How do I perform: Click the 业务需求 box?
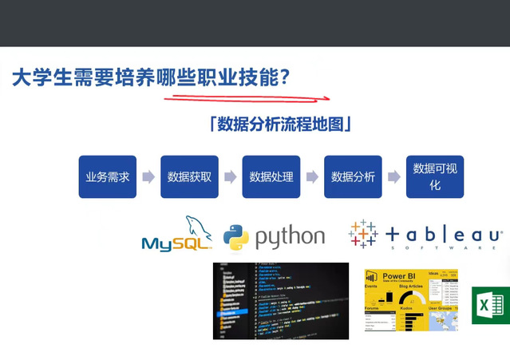coord(108,176)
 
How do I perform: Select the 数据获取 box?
coord(189,176)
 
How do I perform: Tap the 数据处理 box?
coord(271,176)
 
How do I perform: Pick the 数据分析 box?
coord(353,176)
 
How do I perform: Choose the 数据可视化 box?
coord(435,176)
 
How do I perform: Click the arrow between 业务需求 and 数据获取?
coord(148,176)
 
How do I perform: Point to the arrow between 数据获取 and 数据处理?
coord(230,176)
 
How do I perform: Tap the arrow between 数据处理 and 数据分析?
coord(312,176)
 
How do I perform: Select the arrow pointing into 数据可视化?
coord(393,176)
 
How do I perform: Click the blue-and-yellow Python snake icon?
coord(235,237)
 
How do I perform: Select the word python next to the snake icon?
coord(290,237)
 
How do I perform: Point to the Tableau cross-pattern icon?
coord(363,234)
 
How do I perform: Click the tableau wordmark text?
coord(443,235)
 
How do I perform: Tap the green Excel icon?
coord(490,305)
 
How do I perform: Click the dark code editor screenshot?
coord(280,300)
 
